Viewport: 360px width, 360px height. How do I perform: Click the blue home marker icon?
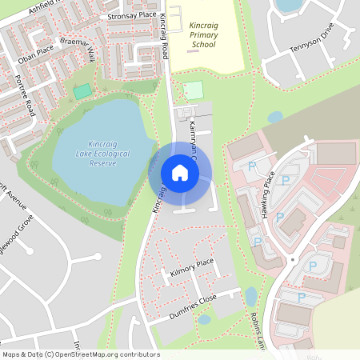180,173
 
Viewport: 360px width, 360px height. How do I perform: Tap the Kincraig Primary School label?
203,35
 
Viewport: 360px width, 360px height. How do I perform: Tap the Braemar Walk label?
78,48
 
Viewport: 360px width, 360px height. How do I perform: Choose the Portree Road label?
25,95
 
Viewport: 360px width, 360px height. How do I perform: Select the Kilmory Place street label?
192,268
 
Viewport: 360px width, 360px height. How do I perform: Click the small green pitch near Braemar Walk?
82,91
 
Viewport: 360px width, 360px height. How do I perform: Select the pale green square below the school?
193,90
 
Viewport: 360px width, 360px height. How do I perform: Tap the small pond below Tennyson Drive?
275,118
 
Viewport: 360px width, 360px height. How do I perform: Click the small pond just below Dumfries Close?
204,319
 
